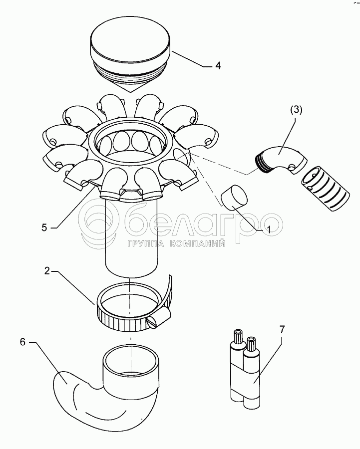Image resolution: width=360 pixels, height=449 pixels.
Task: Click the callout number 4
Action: (218, 65)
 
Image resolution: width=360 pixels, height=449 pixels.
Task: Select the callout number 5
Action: (44, 227)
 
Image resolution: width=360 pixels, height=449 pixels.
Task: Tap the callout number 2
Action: (47, 271)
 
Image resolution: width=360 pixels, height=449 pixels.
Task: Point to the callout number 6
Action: (23, 342)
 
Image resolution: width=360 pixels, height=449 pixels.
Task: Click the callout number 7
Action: (282, 330)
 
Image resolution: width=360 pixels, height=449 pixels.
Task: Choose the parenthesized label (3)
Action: (296, 111)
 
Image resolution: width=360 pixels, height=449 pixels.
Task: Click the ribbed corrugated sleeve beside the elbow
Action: (325, 189)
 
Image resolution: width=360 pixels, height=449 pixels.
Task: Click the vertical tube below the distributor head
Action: (131, 237)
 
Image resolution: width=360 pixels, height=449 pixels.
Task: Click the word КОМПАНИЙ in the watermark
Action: (198, 243)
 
